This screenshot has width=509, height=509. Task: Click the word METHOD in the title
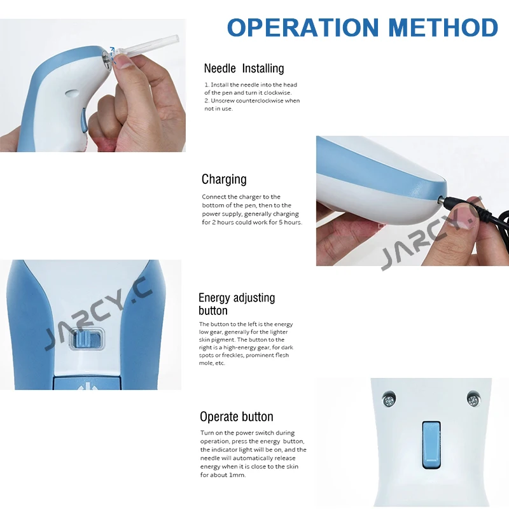[x=443, y=27]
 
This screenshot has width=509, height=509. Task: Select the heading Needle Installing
[x=244, y=68]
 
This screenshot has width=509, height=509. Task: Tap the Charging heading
[x=224, y=179]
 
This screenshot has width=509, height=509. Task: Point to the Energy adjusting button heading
[x=237, y=304]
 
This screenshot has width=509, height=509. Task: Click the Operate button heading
[x=236, y=417]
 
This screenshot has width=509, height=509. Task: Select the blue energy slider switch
[x=87, y=341]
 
